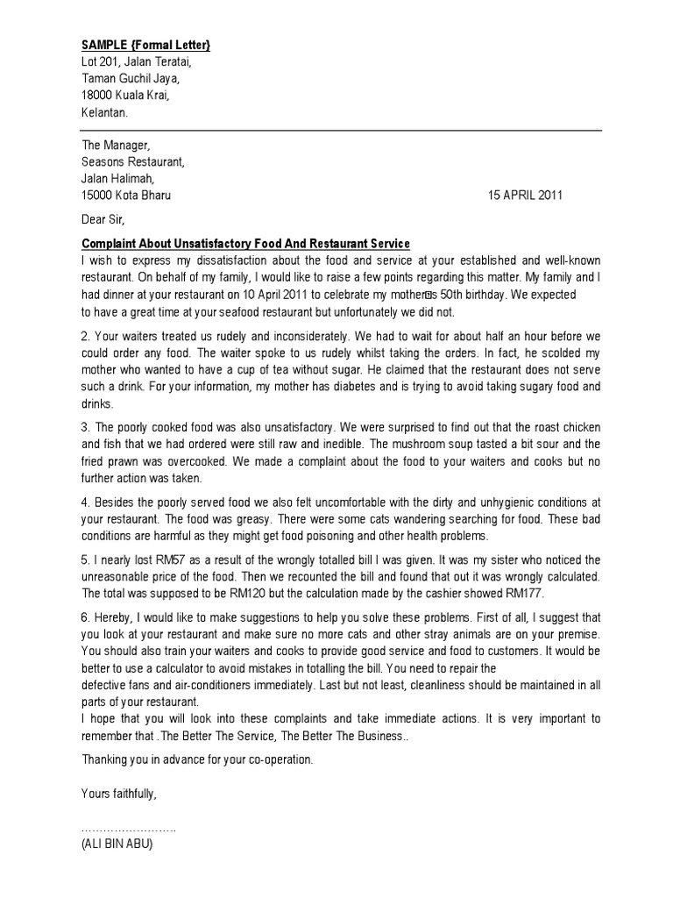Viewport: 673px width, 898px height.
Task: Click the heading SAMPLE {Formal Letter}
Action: coord(145,45)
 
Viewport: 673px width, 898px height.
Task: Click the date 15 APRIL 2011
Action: coord(525,196)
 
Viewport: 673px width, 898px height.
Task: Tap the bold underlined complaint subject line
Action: coord(245,243)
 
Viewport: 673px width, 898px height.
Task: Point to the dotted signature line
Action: coord(129,829)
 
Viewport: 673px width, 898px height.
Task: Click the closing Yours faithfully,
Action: coord(119,794)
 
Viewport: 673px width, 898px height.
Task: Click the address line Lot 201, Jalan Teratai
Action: coord(136,61)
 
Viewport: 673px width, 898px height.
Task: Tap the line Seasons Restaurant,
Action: coord(133,162)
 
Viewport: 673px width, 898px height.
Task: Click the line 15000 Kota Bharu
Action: coord(126,196)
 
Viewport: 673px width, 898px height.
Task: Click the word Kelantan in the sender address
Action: coord(104,112)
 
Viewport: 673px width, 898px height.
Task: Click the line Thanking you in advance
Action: coord(196,759)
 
